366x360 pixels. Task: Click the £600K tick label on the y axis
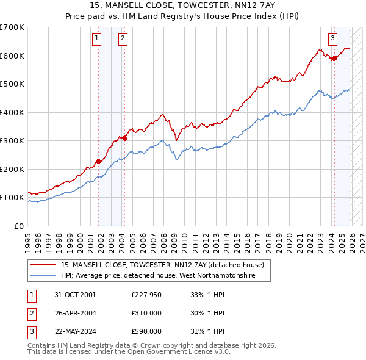(x=12, y=56)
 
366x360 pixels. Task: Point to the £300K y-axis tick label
(x=12, y=140)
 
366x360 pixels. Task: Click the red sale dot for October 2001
(x=98, y=161)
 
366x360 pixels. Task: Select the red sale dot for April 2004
(x=124, y=138)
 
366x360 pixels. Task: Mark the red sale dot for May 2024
(x=334, y=59)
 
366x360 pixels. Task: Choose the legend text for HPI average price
(x=157, y=276)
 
